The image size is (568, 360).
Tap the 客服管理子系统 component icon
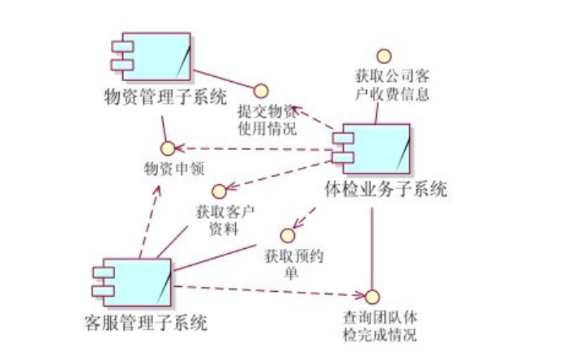(133, 283)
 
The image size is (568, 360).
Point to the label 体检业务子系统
(386, 191)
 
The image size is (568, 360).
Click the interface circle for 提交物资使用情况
(261, 89)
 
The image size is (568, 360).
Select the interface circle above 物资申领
(168, 148)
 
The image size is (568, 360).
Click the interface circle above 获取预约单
(286, 235)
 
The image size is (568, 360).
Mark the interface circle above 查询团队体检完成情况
(372, 295)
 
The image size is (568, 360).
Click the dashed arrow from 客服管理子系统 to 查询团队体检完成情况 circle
(267, 290)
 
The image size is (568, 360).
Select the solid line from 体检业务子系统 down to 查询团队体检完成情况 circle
(372, 243)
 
